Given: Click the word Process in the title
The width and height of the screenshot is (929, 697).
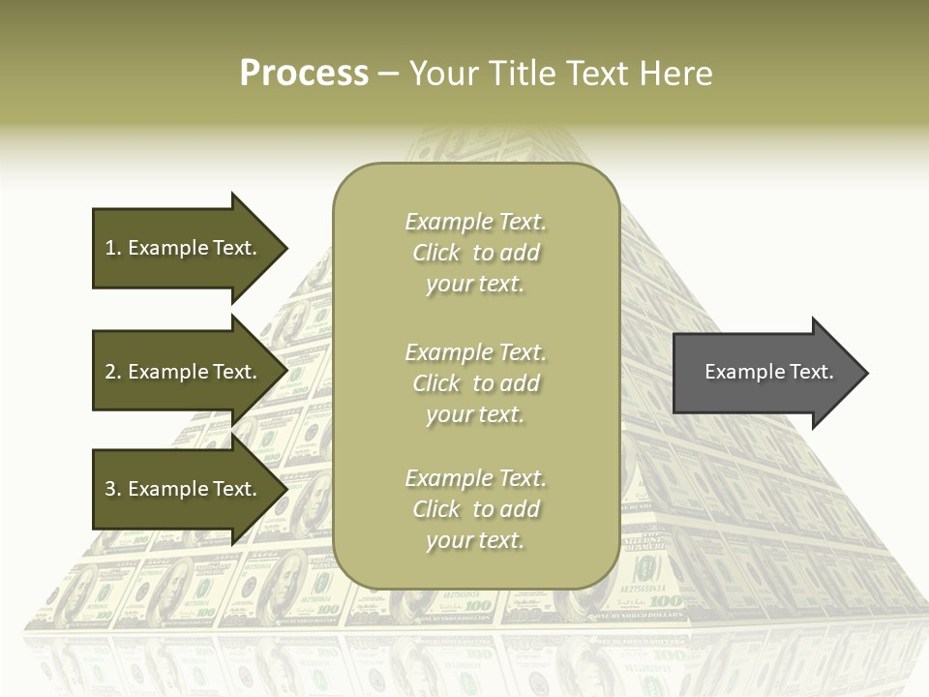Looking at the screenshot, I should tap(304, 73).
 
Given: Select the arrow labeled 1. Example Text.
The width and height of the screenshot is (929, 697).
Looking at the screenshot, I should tap(184, 248).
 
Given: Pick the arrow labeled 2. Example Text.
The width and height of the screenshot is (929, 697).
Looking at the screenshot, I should tap(184, 372).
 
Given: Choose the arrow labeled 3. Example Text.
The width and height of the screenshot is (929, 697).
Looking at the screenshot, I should tap(184, 489).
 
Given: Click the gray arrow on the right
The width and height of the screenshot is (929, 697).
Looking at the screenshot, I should tap(764, 372).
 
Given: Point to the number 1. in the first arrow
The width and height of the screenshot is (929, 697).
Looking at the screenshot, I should tap(113, 248).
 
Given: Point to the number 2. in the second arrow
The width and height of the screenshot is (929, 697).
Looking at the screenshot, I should tap(113, 372).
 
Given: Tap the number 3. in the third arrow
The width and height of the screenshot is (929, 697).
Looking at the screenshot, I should tap(113, 489).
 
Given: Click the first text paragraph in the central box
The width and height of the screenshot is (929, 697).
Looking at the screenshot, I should tap(475, 253).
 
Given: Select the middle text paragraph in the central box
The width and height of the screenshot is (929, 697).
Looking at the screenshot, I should tap(475, 383).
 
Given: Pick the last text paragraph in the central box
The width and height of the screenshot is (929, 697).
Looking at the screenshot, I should tap(475, 509).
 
